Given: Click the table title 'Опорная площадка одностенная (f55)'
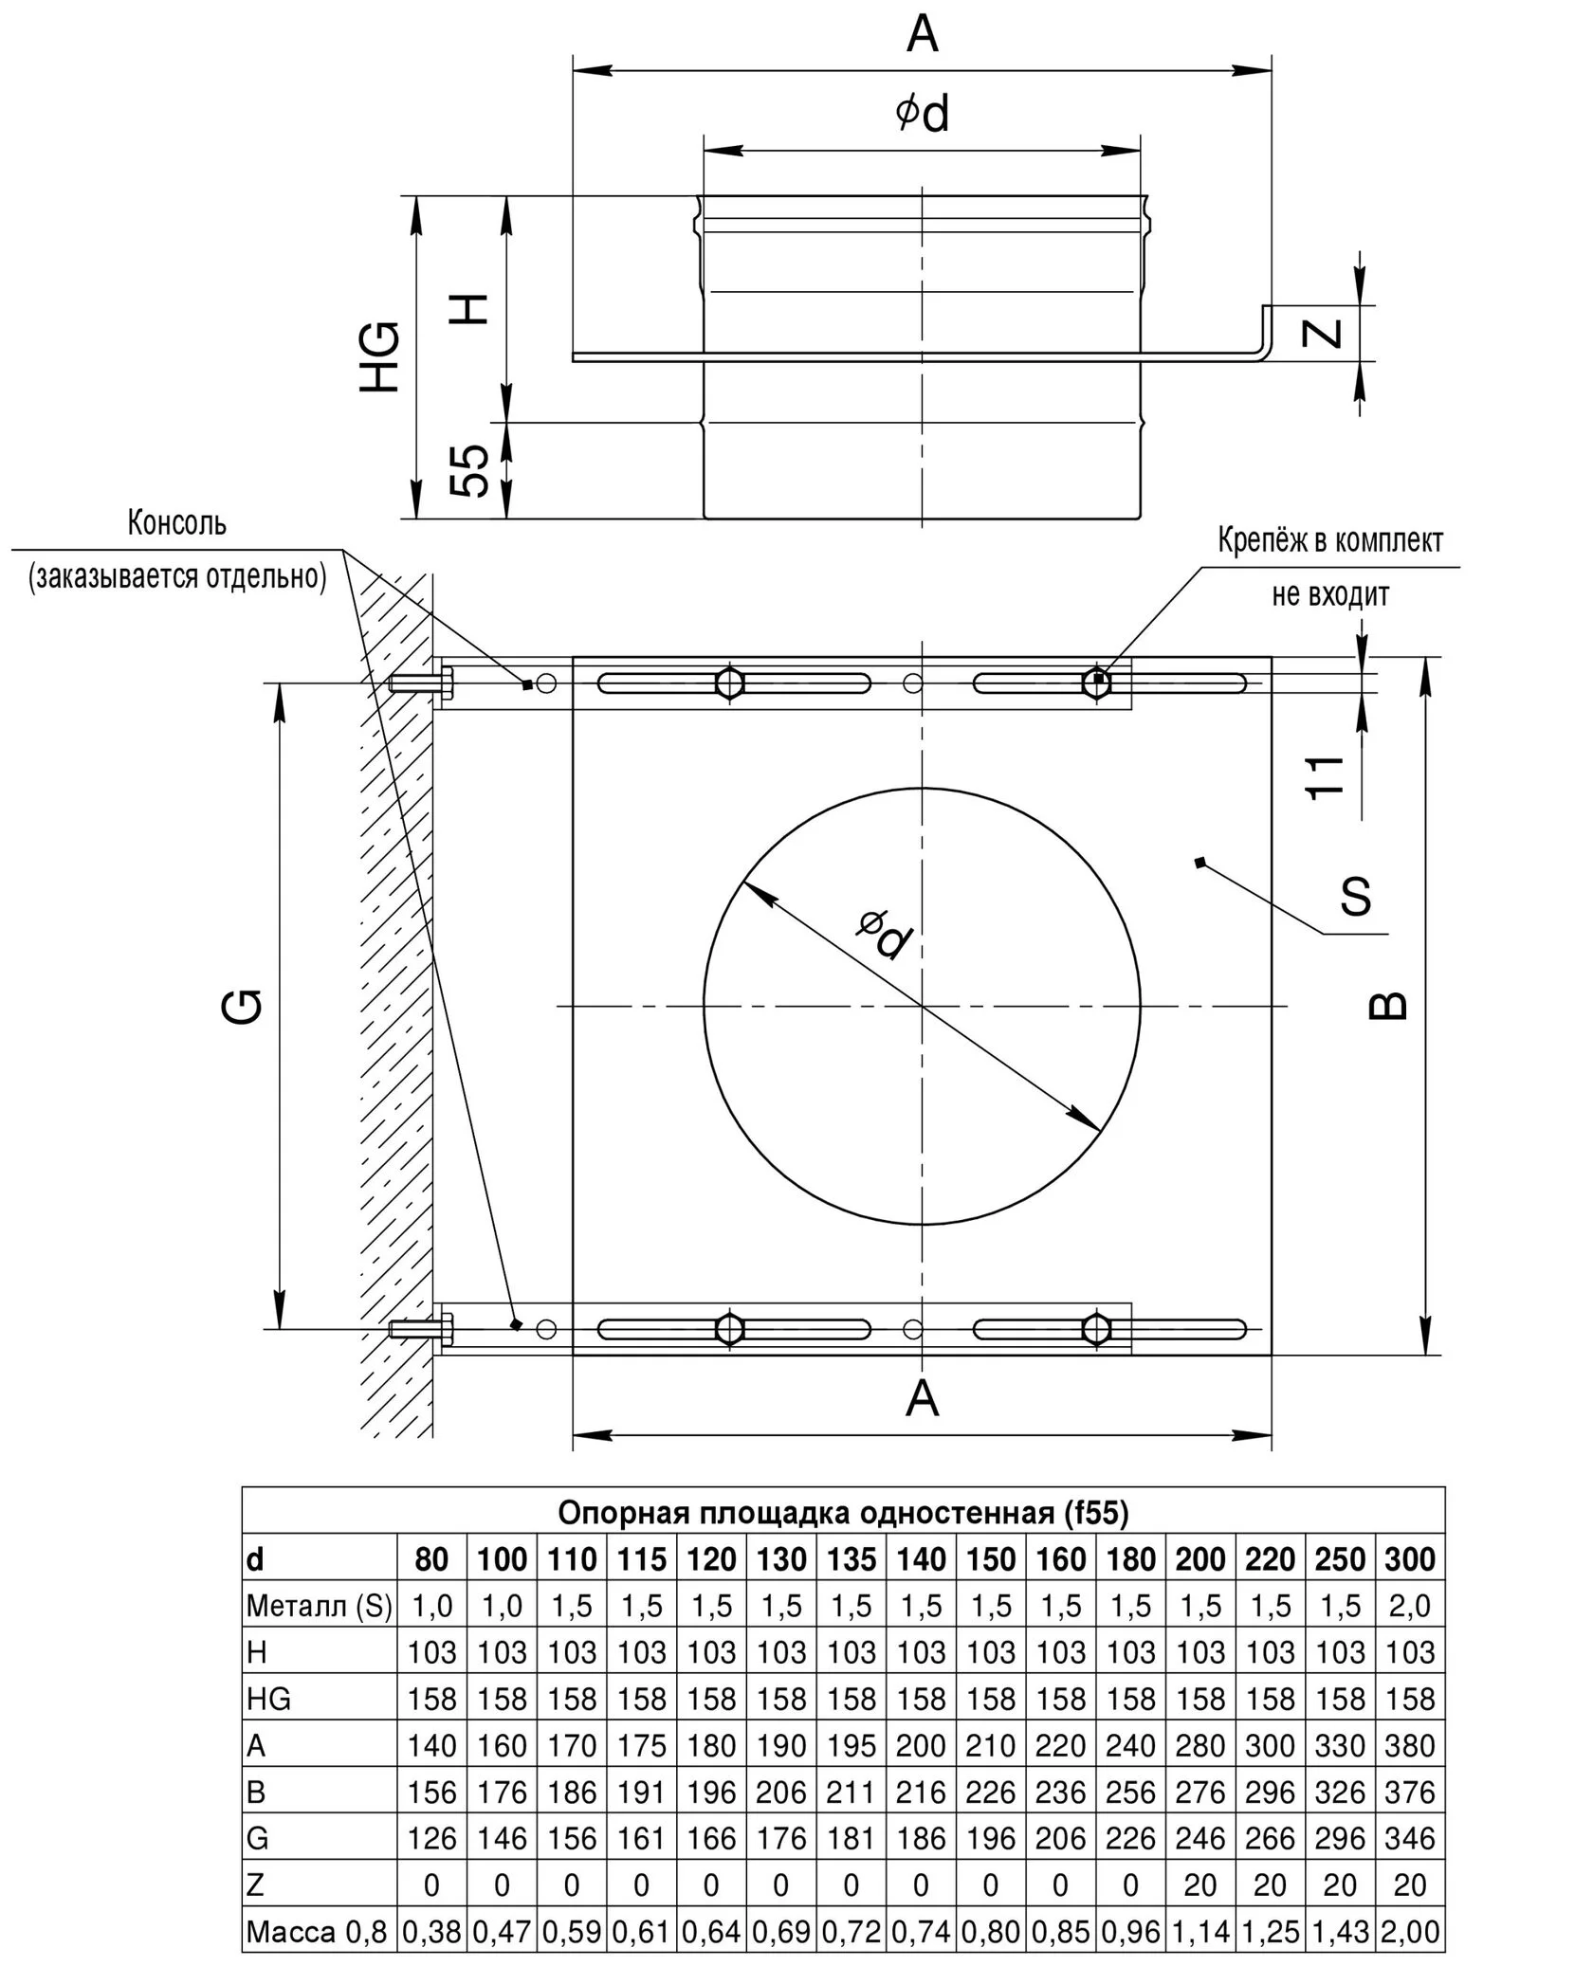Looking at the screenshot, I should tap(843, 1512).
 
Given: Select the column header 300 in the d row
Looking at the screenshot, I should tap(1410, 1559).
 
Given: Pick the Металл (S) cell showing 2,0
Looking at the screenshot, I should tap(1410, 1606).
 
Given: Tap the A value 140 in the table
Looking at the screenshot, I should tap(431, 1745).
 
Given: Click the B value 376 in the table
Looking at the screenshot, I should tap(1410, 1792).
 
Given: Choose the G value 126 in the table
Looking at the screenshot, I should tap(431, 1838).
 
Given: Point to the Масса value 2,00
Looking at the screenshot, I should tap(1410, 1931).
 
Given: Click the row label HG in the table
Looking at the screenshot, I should tap(269, 1699).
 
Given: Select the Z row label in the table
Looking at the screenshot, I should tap(254, 1884).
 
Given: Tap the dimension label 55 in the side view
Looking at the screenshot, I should tap(470, 470).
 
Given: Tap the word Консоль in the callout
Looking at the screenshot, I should tap(177, 522).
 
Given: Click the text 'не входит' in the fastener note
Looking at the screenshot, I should tap(1330, 594).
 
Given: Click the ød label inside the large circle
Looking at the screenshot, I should tap(885, 934).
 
